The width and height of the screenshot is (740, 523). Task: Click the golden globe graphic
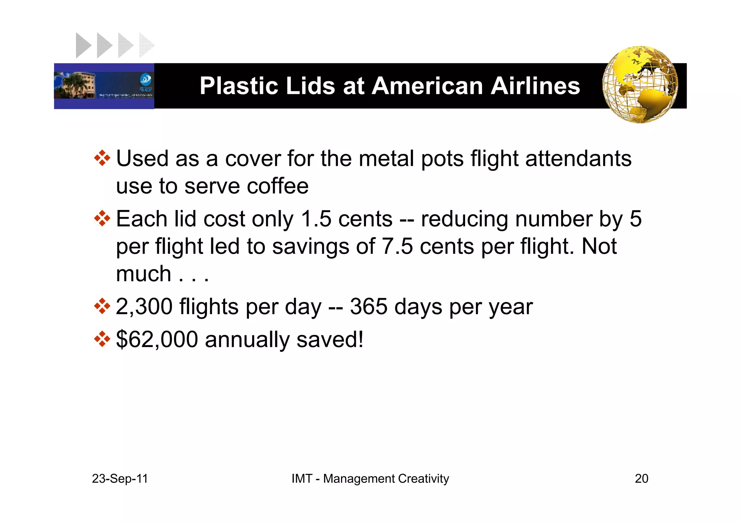coord(640,85)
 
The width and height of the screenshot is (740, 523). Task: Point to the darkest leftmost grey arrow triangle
coord(83,46)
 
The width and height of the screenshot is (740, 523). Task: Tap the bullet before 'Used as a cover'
coord(102,158)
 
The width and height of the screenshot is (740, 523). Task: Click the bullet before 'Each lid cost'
coord(102,219)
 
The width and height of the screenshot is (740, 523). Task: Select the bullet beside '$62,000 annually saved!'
coord(102,339)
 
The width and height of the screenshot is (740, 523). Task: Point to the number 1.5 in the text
coord(316,219)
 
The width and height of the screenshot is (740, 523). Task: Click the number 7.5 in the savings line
coord(397,247)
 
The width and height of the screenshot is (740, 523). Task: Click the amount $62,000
coord(157,339)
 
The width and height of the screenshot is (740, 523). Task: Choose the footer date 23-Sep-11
coord(120,479)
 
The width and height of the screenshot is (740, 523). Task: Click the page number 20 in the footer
coord(641,479)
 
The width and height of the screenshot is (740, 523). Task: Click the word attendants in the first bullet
coord(578,159)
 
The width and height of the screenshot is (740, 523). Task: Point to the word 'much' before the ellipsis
coord(143,274)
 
